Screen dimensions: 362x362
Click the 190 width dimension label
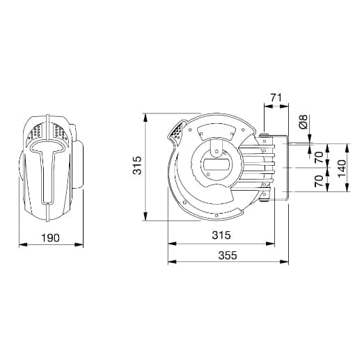point(50,237)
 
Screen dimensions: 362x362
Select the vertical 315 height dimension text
point(137,165)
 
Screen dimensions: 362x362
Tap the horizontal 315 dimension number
point(221,235)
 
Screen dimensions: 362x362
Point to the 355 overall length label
point(228,255)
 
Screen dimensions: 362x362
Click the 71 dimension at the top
point(276,97)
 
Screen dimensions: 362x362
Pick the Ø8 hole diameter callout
point(304,122)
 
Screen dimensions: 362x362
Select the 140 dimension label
point(342,168)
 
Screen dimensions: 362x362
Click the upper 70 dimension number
point(319,157)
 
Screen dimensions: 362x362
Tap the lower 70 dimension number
point(319,181)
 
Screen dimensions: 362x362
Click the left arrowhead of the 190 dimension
point(23,244)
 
